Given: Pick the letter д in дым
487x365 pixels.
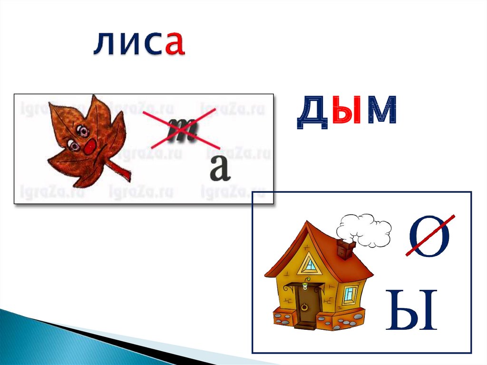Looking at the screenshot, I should click(312, 113).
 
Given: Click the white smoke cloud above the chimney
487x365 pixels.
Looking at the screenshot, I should click(364, 230).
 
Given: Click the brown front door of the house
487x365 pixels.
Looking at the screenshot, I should click(305, 305).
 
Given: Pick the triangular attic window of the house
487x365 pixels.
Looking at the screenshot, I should click(310, 264).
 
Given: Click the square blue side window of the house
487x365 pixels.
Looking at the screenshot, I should click(350, 295).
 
